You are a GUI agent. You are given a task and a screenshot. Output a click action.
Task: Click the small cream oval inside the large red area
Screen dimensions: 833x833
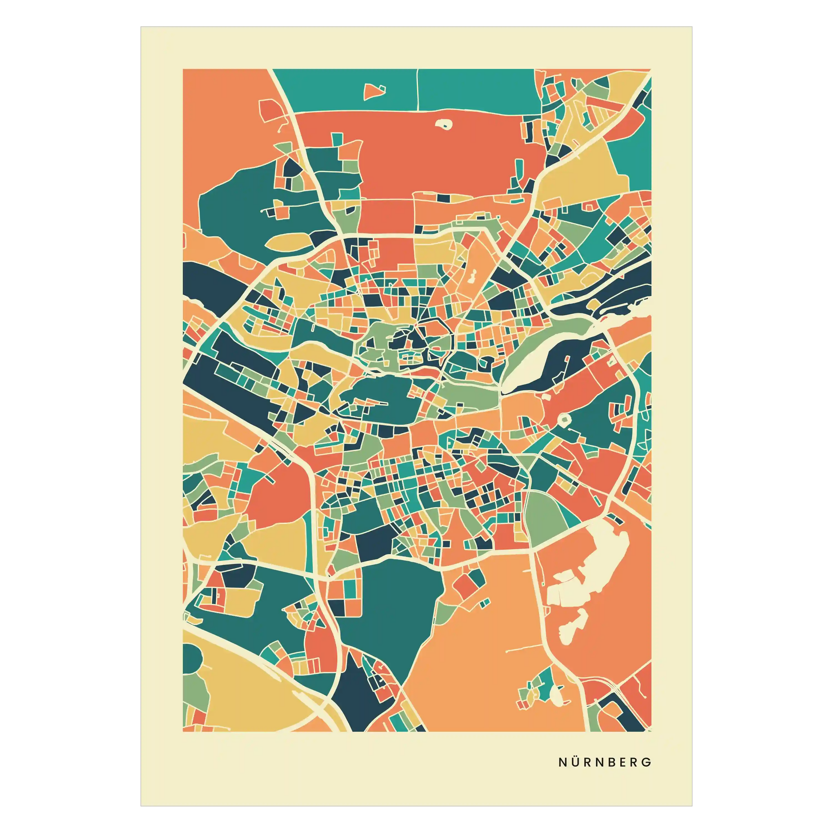pyautogui.click(x=443, y=125)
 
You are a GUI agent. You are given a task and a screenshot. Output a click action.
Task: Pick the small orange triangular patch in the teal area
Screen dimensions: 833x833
pyautogui.click(x=374, y=91)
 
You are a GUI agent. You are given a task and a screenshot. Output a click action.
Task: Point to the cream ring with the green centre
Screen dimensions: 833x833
pyautogui.click(x=563, y=419)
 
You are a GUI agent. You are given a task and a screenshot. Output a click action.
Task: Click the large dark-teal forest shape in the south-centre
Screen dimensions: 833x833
pyautogui.click(x=388, y=612)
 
